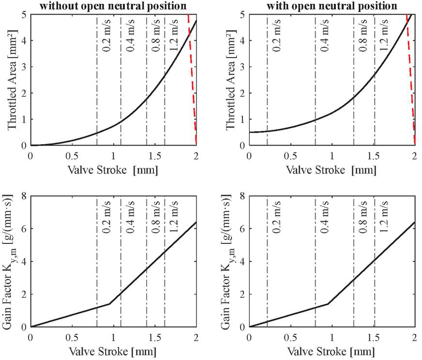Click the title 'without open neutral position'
113,6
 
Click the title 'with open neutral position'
332,6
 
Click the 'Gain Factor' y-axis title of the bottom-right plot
229,261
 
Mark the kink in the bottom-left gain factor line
109,304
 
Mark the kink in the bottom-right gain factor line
328,304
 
